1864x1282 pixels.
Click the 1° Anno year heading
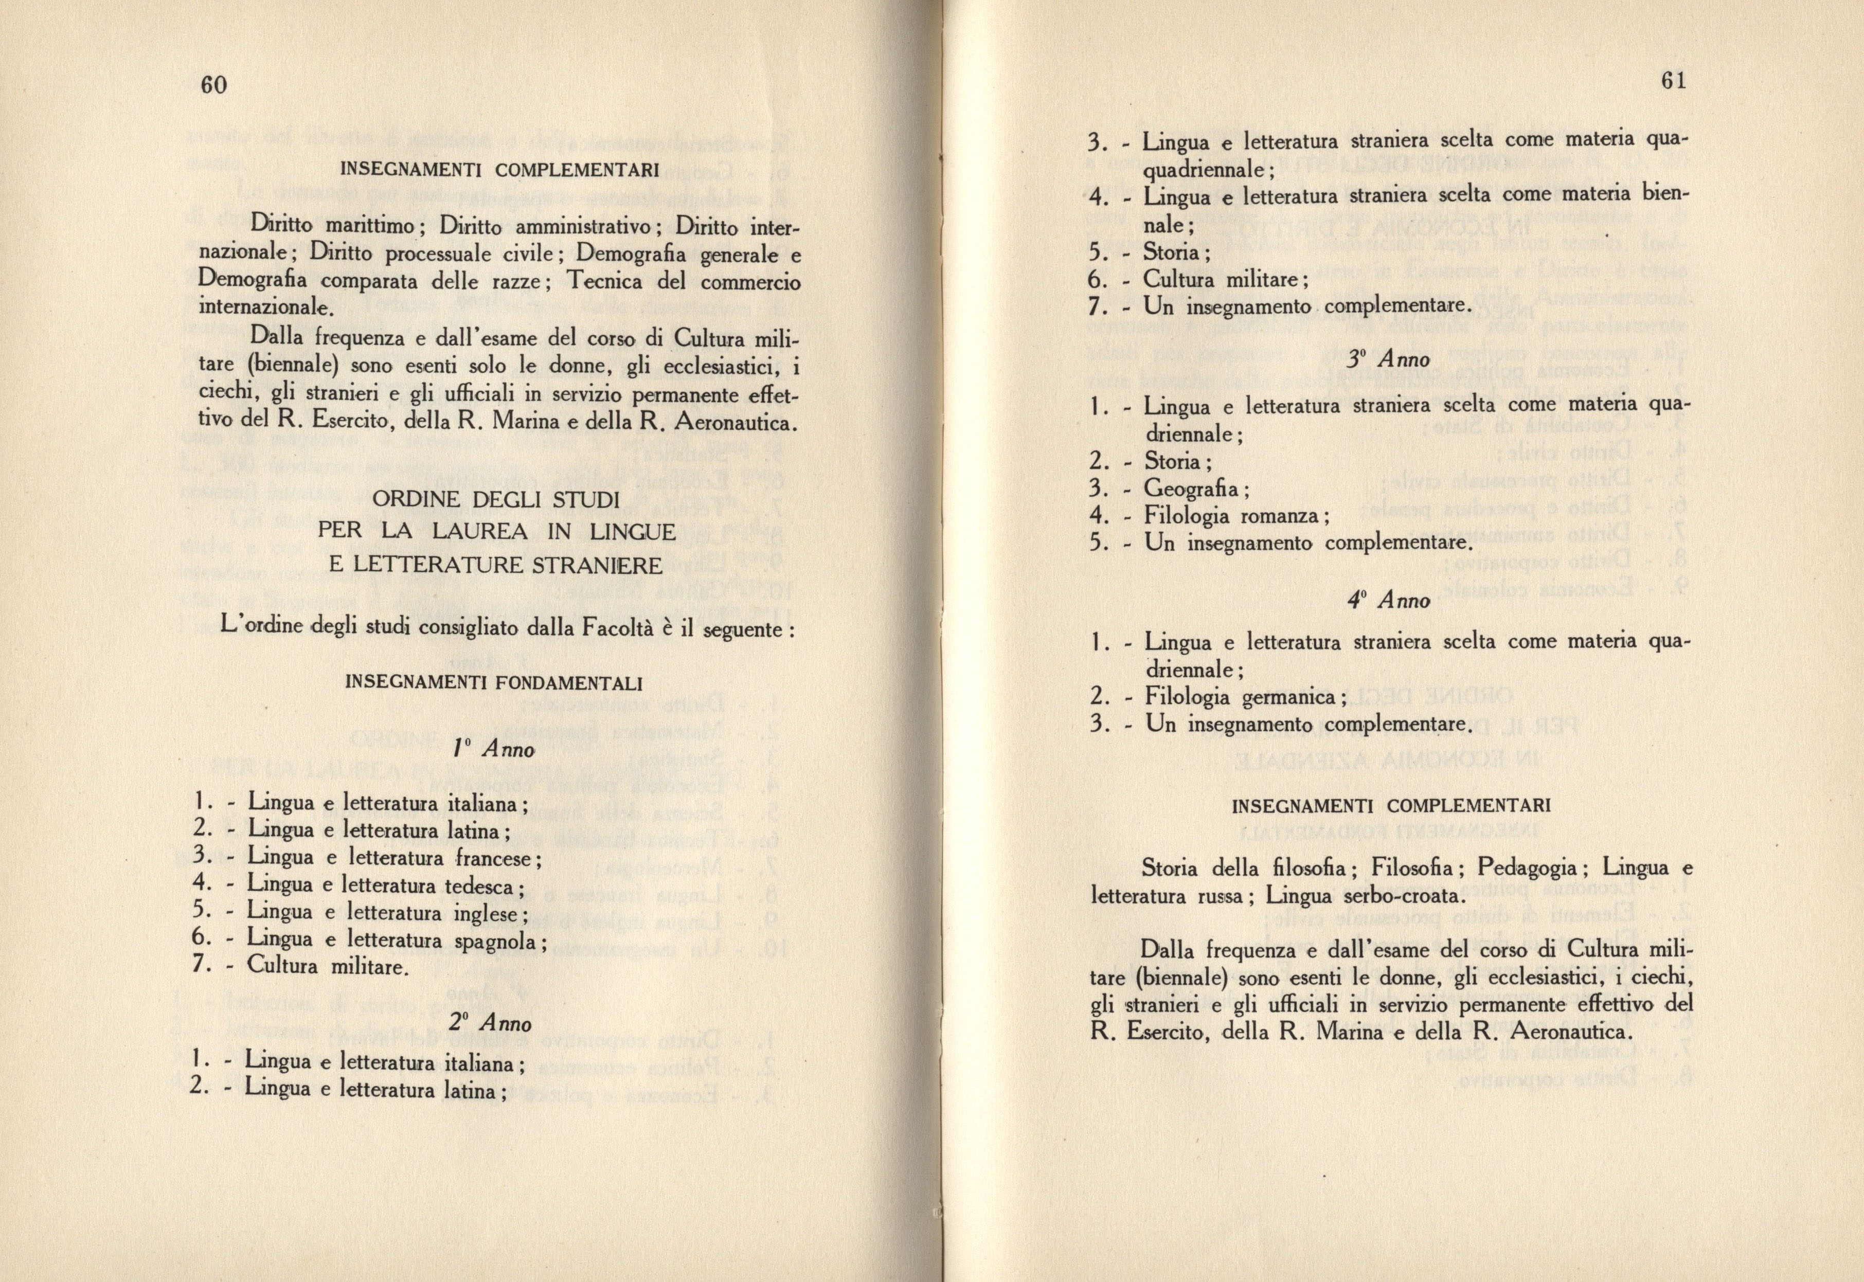click(493, 749)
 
